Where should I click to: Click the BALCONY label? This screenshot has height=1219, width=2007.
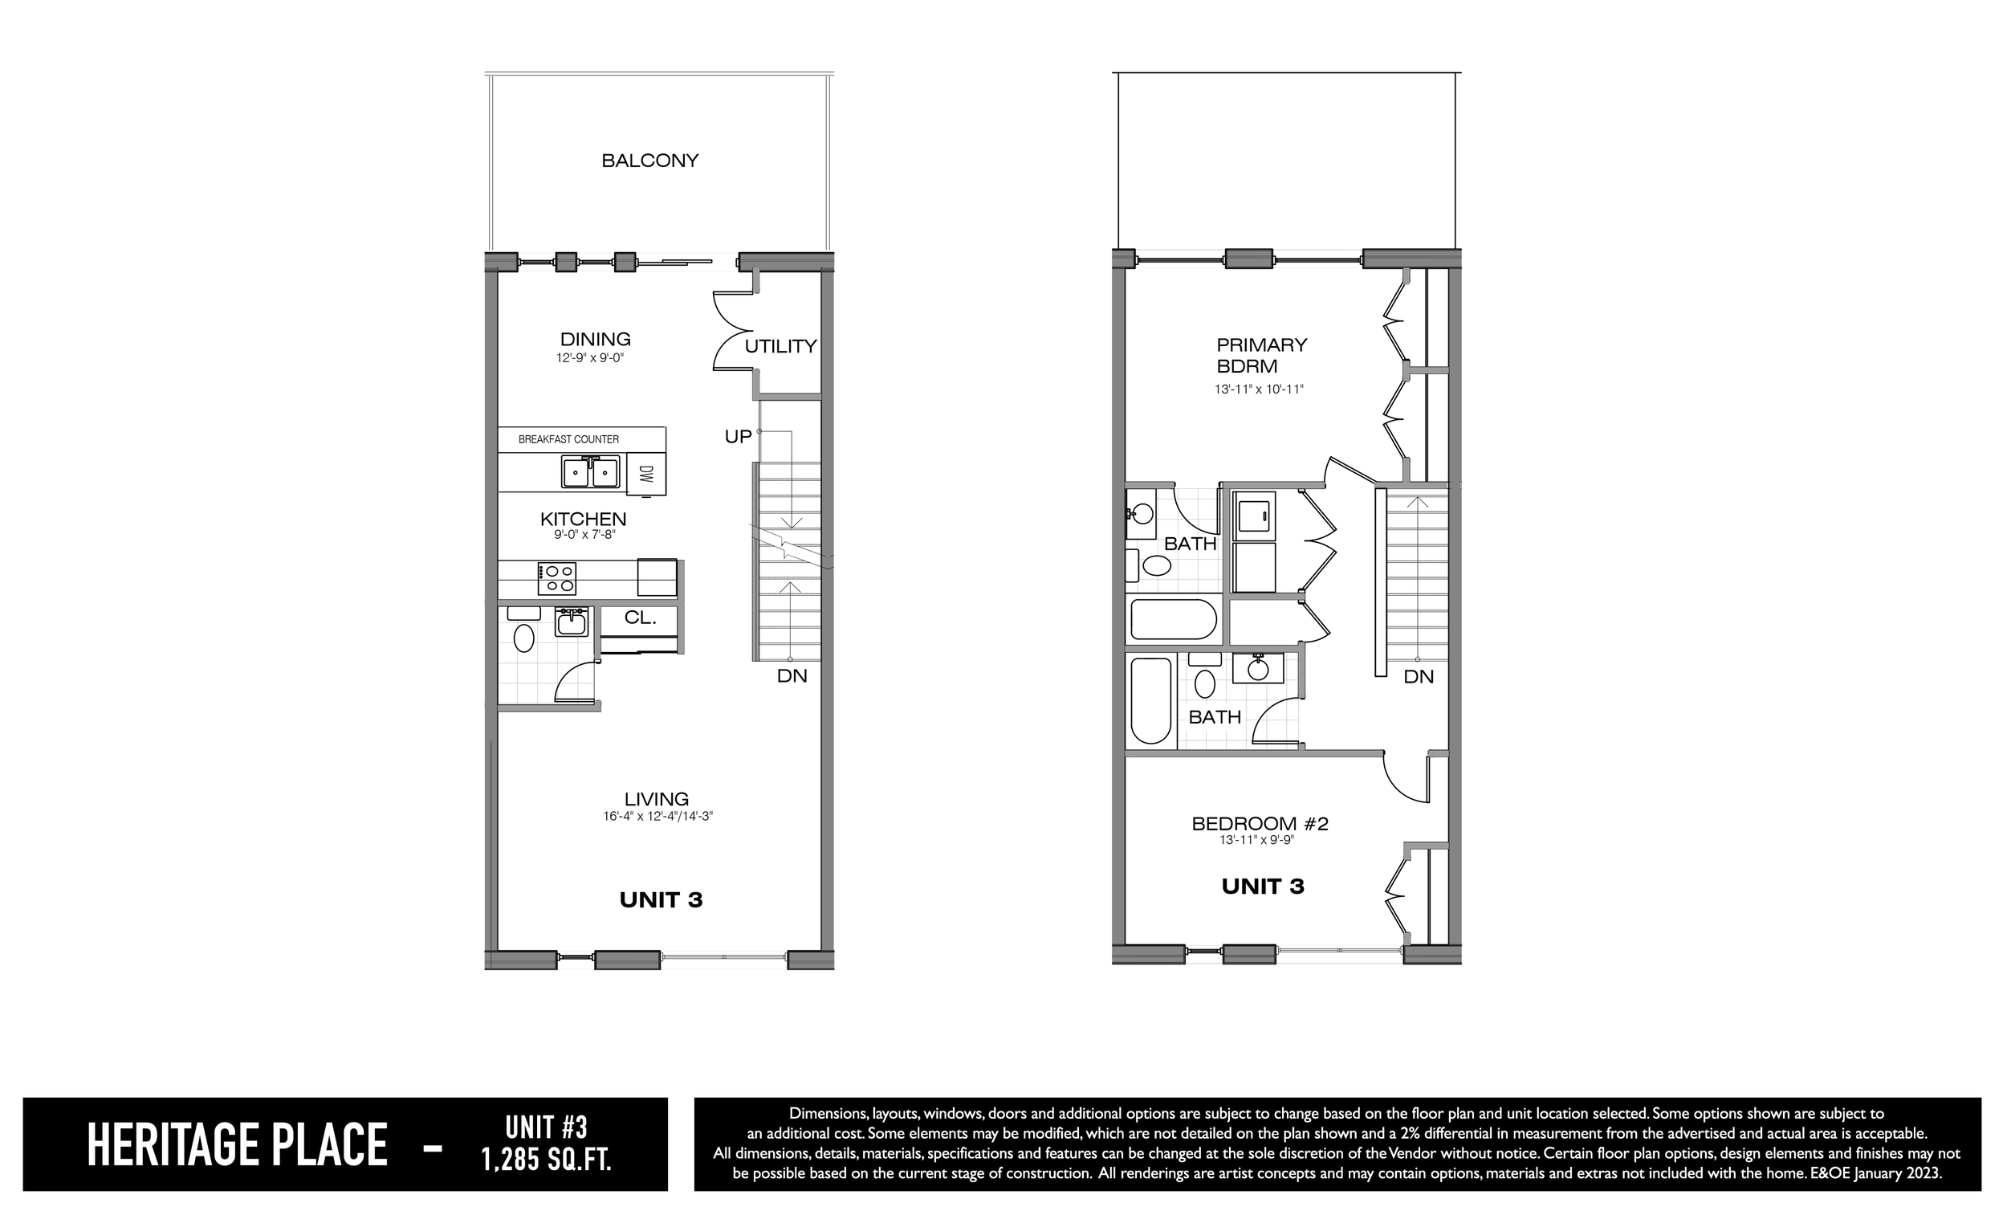[650, 161]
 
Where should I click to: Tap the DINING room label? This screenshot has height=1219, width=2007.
[596, 339]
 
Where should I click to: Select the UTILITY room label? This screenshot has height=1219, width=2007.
[780, 346]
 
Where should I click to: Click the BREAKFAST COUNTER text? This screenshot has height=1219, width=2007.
[568, 439]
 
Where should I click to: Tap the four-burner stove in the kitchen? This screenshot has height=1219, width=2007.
[557, 578]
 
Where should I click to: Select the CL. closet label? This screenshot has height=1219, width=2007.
[640, 618]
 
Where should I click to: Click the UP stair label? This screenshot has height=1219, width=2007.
[738, 437]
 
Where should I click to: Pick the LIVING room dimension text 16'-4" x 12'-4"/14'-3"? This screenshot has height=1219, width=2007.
[657, 816]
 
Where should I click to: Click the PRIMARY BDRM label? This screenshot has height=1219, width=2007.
[1262, 355]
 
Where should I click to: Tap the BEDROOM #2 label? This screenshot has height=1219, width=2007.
[1260, 824]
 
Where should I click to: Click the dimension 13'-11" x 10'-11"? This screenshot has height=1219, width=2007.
[1260, 389]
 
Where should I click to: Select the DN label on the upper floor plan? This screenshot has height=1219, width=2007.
[1419, 676]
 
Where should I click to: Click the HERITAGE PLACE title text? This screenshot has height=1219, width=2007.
[237, 1145]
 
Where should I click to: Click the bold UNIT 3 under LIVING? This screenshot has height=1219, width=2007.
[661, 899]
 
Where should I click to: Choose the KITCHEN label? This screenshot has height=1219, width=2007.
[583, 519]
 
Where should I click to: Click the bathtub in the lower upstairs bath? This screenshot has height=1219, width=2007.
[1151, 701]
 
